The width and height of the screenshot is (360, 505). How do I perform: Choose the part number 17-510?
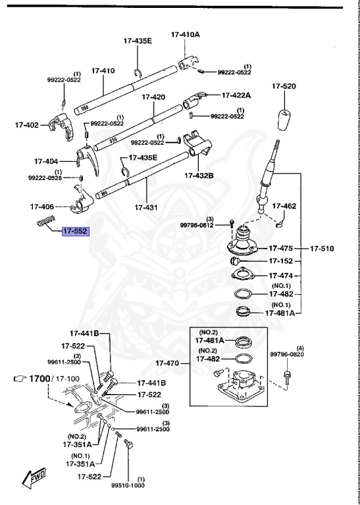(323, 249)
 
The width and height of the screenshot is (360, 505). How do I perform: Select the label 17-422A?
(236, 95)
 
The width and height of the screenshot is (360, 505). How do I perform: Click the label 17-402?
(27, 124)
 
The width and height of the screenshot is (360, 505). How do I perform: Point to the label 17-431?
(146, 207)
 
